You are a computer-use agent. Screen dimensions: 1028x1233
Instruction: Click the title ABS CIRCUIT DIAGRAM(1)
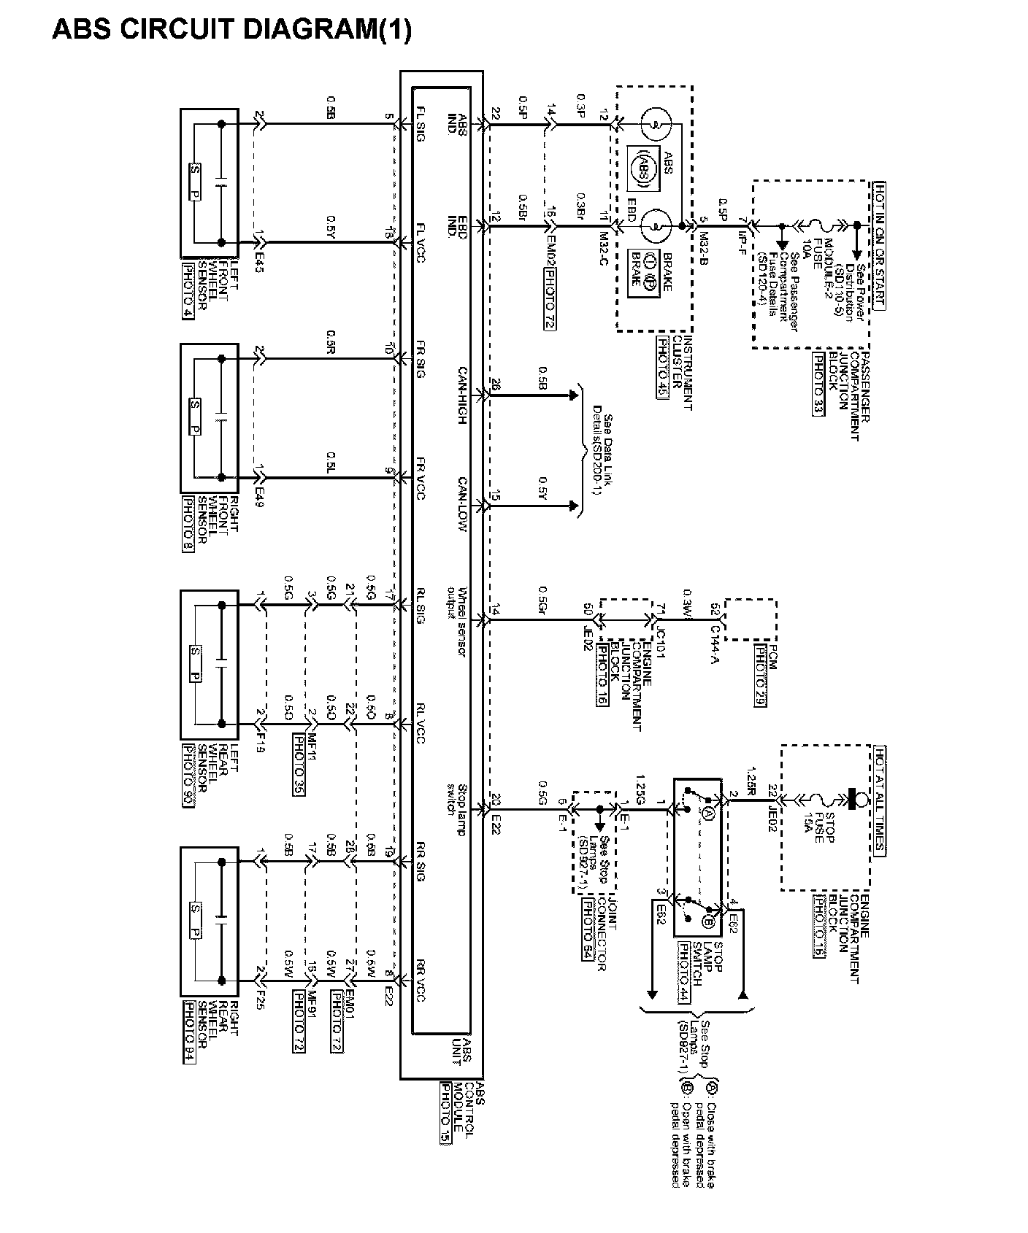point(231,29)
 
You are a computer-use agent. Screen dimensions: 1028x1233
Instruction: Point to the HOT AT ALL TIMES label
point(880,799)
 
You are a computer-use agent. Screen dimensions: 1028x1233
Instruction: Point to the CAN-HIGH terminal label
point(463,395)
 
